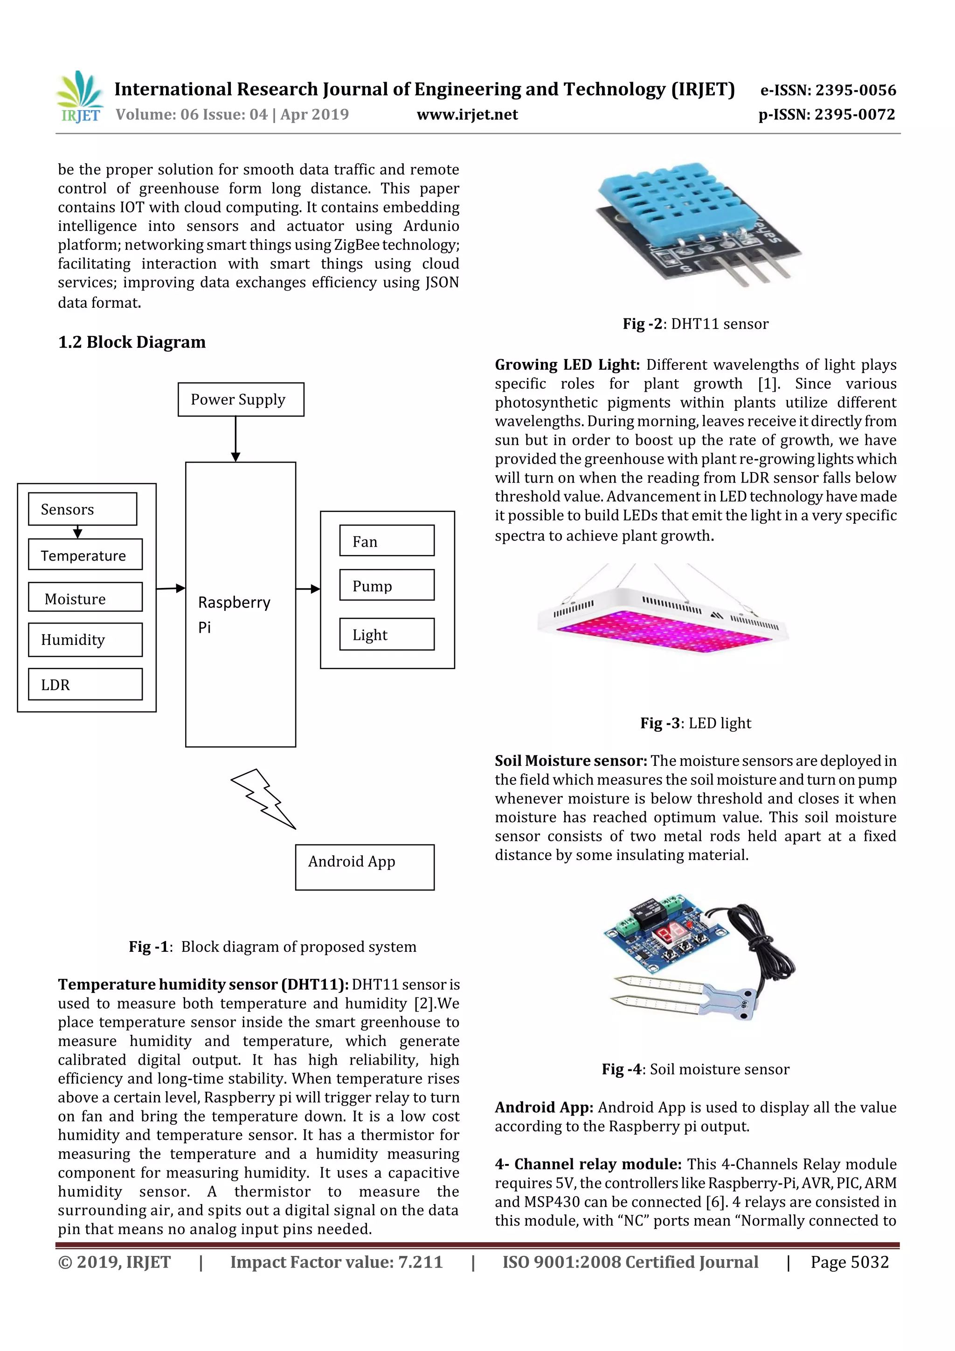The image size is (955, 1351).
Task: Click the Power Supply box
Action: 241,400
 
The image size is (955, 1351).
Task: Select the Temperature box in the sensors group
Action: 85,555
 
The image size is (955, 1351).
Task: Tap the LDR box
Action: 85,684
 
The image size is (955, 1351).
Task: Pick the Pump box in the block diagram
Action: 387,585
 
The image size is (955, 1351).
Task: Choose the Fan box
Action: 387,541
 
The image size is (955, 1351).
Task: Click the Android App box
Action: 364,867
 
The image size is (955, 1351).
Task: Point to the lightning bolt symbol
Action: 263,798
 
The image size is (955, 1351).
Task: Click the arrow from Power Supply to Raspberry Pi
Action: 235,438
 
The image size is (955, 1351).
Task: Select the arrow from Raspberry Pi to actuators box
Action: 308,589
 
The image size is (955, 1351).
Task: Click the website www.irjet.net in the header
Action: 467,115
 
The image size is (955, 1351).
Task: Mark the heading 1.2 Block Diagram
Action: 132,342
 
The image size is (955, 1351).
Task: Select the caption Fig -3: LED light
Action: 696,723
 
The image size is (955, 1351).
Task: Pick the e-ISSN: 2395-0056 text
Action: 828,90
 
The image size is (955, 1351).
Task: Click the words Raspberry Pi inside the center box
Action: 234,614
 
